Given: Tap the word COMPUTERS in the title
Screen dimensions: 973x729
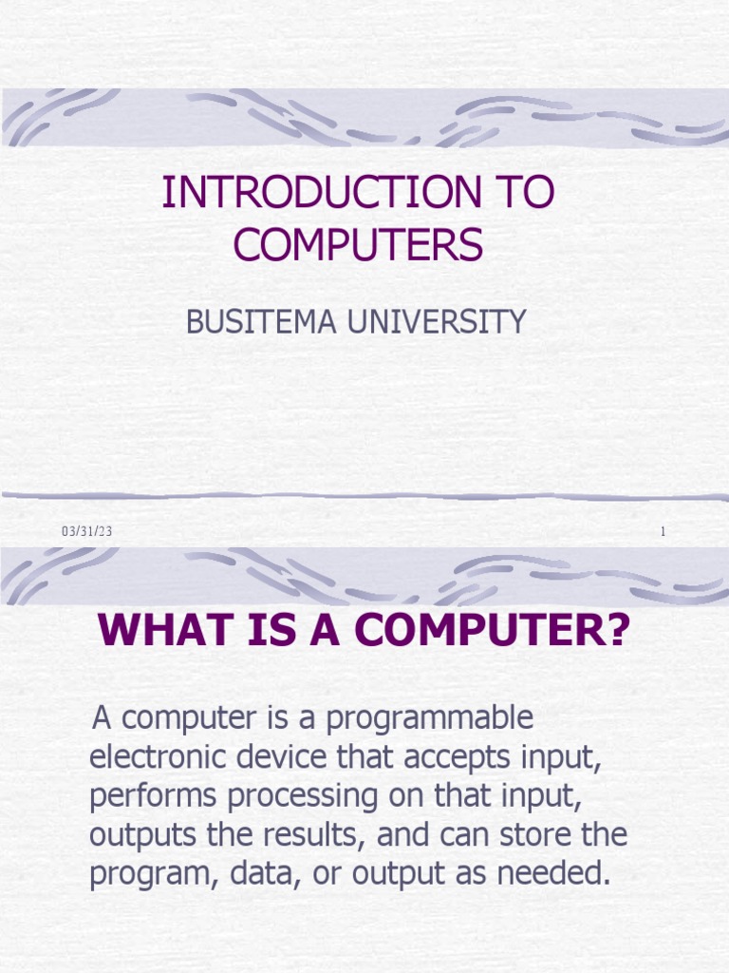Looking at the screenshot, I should [x=359, y=245].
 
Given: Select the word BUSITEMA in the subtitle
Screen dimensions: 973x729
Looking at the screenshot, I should [x=253, y=322].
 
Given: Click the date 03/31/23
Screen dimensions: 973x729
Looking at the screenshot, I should [x=87, y=531].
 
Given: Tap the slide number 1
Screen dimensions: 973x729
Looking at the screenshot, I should [x=664, y=532].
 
